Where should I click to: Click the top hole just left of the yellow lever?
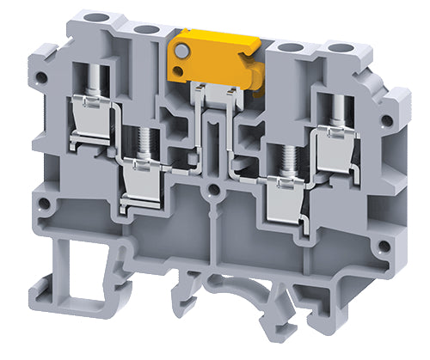(146, 30)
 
